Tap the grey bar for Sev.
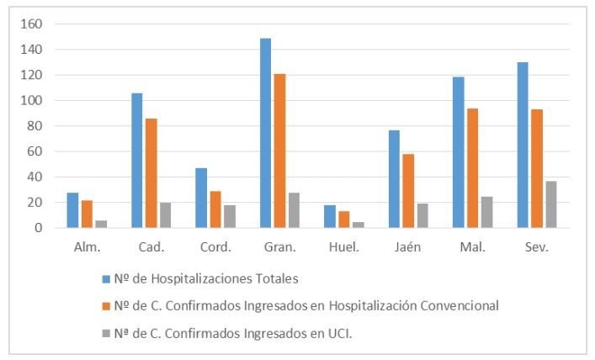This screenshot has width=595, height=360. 551,204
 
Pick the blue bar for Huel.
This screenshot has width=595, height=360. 330,216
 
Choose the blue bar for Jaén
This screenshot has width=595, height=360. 395,179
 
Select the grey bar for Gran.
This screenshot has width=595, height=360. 295,210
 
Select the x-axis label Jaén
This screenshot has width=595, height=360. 409,248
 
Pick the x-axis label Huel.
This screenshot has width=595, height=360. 344,248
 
